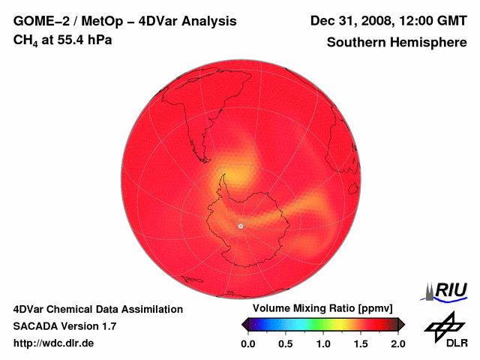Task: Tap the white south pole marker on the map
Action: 241,226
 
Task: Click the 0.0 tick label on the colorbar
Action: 248,343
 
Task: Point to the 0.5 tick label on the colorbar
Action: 286,343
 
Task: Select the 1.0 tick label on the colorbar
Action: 323,343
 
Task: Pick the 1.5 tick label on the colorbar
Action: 361,343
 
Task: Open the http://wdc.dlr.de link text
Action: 54,343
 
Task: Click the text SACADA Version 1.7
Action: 64,326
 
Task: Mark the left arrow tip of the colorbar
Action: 243,324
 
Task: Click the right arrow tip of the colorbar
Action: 403,324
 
